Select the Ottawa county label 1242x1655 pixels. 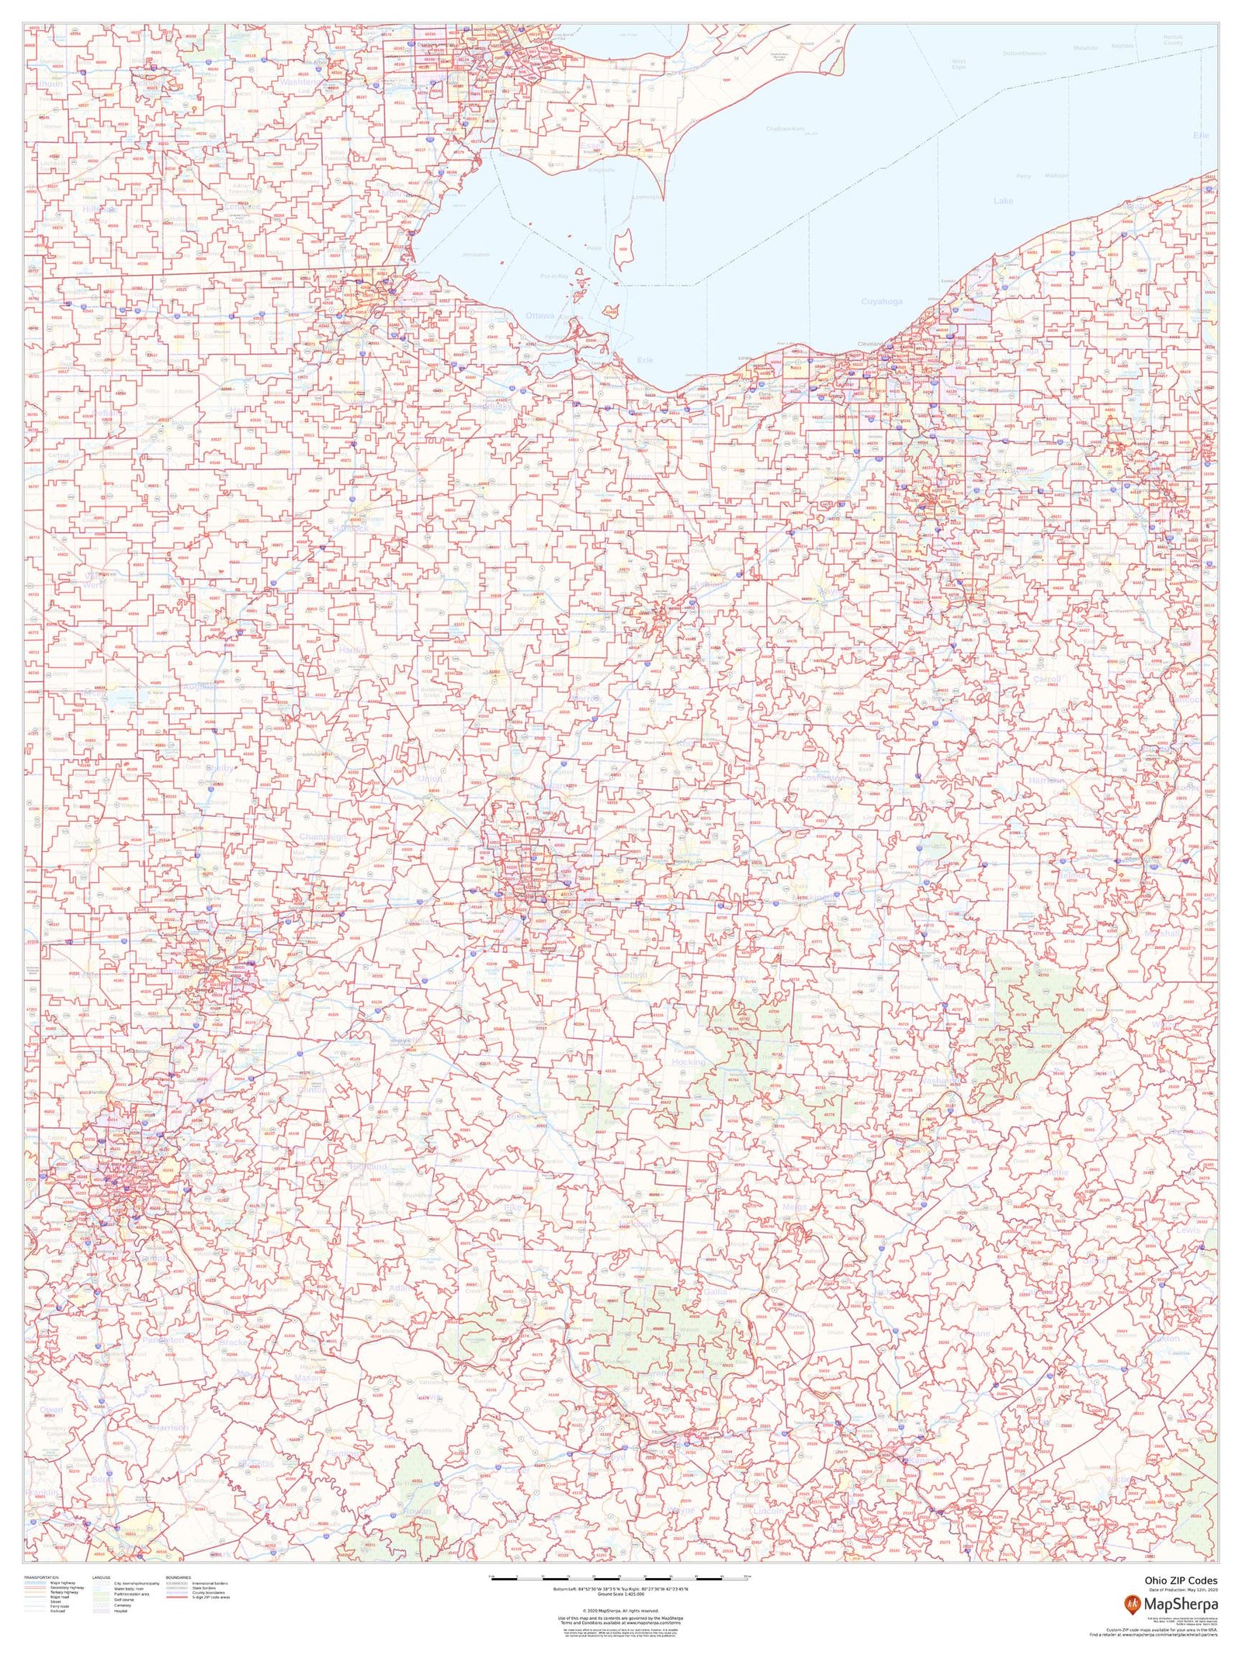pyautogui.click(x=539, y=316)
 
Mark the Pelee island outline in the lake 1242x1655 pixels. pyautogui.click(x=622, y=248)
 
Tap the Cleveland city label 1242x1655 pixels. pyautogui.click(x=871, y=344)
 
